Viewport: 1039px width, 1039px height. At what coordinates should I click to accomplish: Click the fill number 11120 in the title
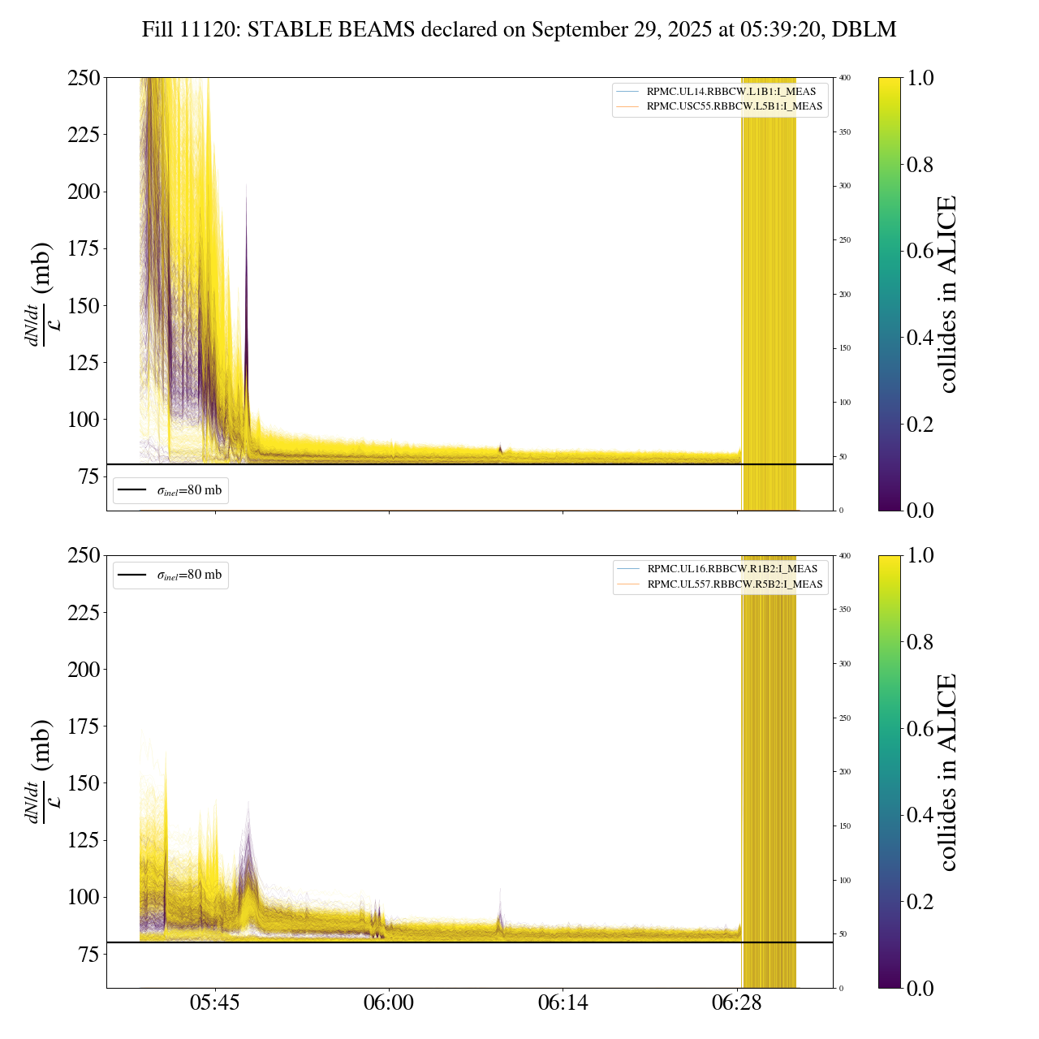tap(212, 30)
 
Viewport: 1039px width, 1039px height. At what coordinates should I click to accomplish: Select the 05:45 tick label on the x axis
tap(215, 1003)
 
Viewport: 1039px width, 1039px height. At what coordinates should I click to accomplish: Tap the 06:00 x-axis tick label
tap(389, 1003)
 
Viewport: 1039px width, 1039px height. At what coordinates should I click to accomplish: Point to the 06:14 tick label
tap(563, 1003)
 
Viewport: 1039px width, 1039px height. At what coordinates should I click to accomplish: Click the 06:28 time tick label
tap(737, 1003)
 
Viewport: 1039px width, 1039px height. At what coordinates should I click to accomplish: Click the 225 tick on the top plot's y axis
tap(84, 135)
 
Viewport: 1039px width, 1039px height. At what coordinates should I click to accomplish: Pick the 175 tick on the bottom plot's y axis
tap(84, 726)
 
